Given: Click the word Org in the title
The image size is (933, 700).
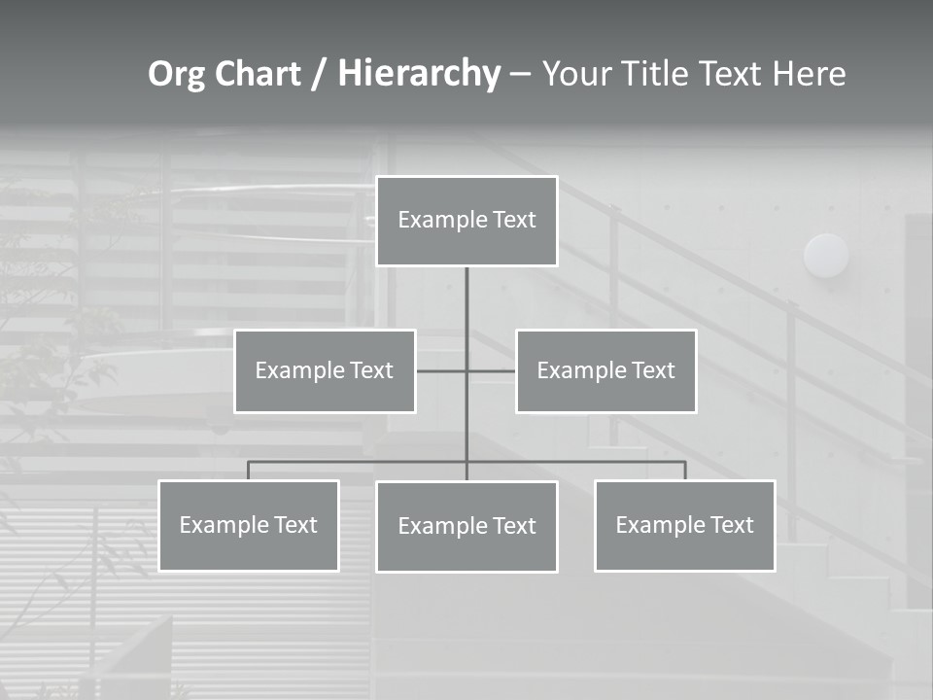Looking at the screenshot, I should point(176,74).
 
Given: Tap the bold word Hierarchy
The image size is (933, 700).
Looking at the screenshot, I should point(419,74).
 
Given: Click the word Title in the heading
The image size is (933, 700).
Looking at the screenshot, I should point(658,74).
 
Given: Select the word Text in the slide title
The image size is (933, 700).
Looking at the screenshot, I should point(735,74).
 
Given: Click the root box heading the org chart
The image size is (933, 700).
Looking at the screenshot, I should point(466,221).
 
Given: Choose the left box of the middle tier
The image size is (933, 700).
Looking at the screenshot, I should point(325,371).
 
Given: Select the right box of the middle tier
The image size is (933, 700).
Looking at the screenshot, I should point(606,371).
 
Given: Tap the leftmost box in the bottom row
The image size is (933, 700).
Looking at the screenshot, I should point(249,526).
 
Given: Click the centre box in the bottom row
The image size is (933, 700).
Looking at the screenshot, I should point(466,527).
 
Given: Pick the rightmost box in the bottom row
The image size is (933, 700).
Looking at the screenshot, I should point(685,526).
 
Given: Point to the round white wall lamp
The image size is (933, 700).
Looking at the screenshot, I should point(826,256).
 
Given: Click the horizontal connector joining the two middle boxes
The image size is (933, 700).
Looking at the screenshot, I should point(442,370).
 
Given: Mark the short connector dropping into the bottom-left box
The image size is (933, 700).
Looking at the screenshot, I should point(248,471).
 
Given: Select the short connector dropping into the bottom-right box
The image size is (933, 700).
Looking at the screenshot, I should point(685,471).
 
